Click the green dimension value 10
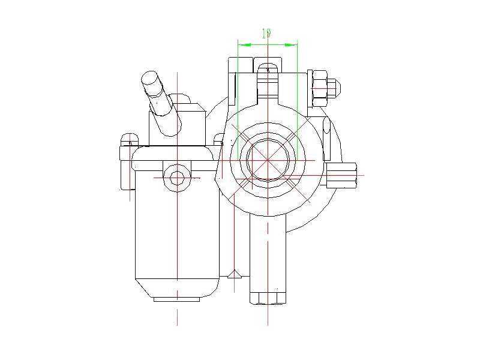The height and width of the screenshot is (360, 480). (267, 34)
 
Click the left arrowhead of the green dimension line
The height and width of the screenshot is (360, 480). (242, 44)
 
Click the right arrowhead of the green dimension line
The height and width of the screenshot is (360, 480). (293, 44)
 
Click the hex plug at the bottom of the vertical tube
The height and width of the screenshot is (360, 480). (268, 298)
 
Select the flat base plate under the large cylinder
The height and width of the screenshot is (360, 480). (177, 299)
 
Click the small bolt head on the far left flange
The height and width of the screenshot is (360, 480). (127, 140)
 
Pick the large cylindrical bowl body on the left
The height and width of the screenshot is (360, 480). (175, 228)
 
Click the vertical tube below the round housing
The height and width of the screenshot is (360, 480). (268, 252)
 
